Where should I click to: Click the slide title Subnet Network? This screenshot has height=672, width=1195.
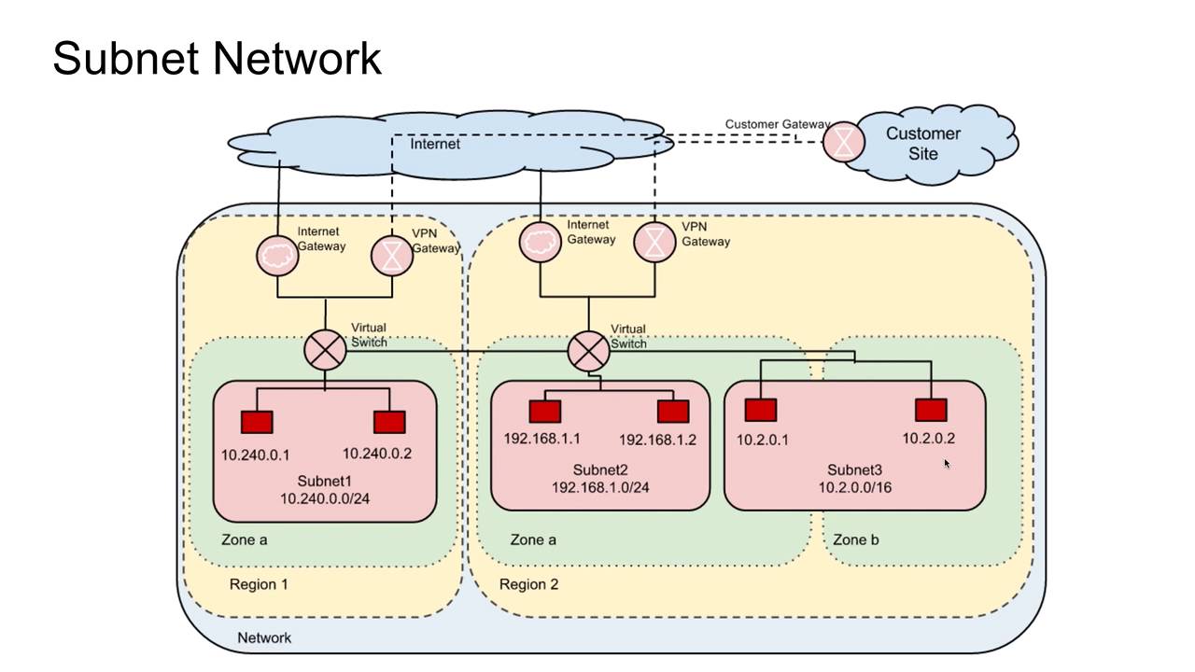point(217,58)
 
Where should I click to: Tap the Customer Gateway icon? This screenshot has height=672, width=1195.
point(844,142)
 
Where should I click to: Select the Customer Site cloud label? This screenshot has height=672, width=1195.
point(922,143)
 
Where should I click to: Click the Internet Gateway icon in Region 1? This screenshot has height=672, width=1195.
point(277,256)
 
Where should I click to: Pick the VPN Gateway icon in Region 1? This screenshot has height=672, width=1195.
point(392,256)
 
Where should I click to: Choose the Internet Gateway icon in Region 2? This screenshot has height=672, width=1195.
point(541,242)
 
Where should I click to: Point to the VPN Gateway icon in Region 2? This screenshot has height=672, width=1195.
point(654,242)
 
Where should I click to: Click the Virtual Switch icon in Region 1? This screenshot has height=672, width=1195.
point(325,351)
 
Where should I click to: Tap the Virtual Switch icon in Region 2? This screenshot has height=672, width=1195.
point(588,351)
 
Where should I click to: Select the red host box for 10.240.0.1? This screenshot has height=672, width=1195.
point(257,422)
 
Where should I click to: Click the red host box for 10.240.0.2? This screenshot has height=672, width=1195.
point(389,422)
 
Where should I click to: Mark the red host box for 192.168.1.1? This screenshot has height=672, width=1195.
point(545,412)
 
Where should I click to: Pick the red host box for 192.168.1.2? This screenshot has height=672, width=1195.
point(673,412)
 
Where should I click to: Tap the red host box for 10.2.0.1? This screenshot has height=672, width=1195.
point(761,410)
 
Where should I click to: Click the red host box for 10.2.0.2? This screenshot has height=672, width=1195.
point(931,410)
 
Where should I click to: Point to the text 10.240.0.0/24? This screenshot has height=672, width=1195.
point(324,498)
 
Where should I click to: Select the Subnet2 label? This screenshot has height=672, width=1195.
point(600,469)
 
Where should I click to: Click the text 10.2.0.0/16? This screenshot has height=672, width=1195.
point(854,486)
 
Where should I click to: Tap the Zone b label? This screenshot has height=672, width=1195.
point(855,539)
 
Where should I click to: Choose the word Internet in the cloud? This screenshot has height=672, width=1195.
point(435,144)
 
